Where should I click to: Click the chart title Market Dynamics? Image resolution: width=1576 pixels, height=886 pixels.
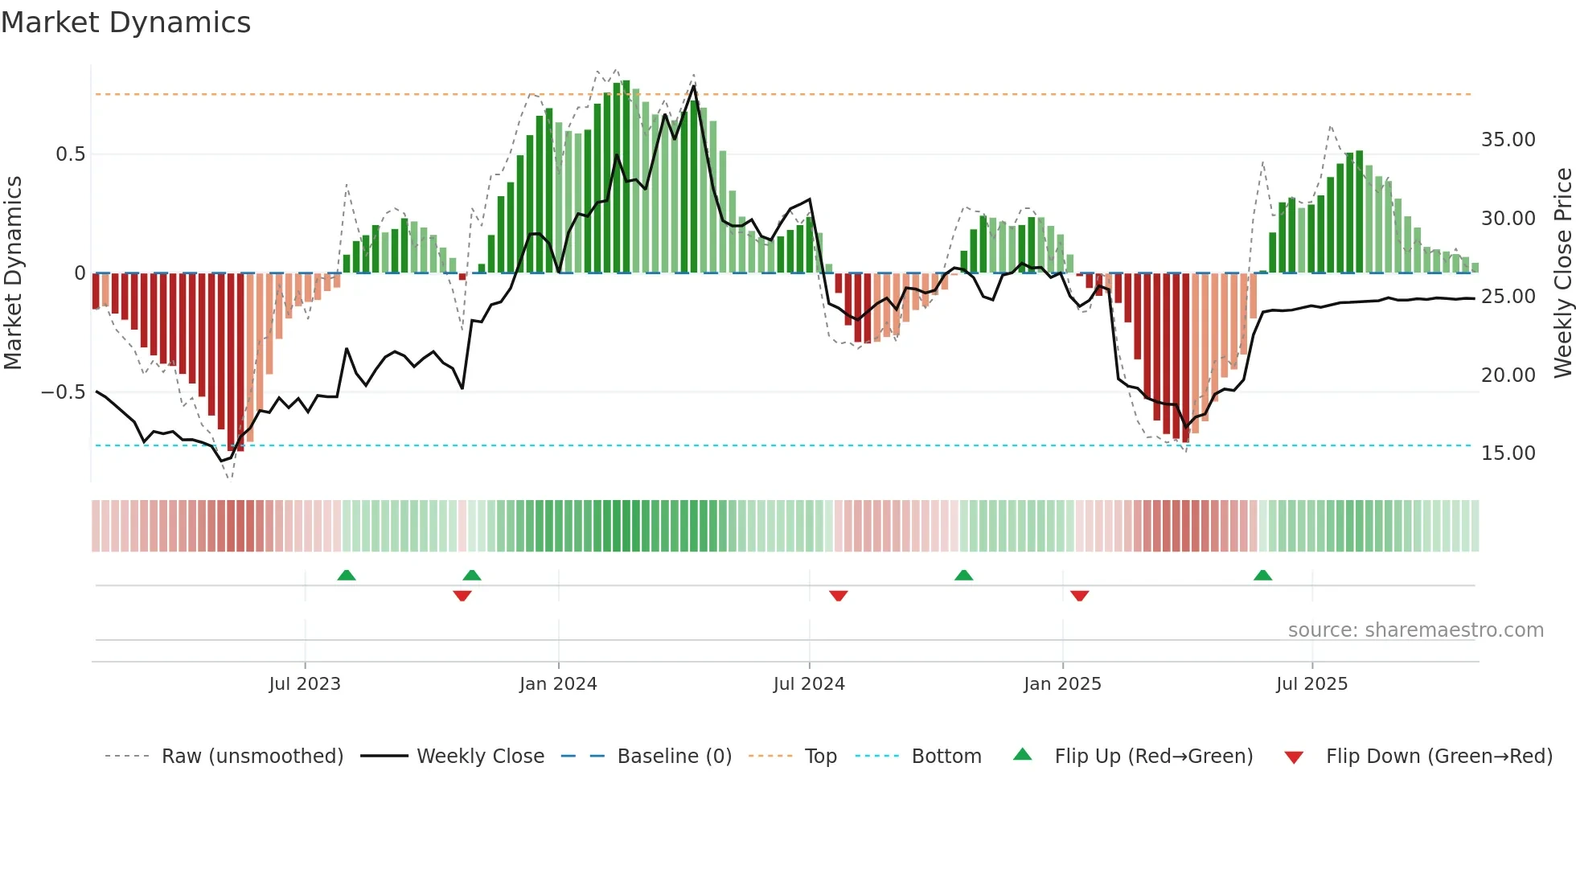click(x=126, y=23)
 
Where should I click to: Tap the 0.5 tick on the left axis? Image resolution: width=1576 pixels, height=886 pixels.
click(x=70, y=154)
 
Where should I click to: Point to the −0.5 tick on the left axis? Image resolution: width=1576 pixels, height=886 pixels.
click(x=63, y=392)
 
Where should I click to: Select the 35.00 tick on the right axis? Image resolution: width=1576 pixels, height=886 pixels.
click(x=1508, y=140)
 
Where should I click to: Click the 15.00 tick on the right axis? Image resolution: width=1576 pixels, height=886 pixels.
click(x=1508, y=453)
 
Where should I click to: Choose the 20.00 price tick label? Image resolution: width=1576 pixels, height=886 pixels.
click(x=1508, y=375)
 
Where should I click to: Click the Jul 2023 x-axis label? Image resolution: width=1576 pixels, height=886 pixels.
click(x=305, y=684)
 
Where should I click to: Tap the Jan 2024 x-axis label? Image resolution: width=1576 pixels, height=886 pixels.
click(x=558, y=684)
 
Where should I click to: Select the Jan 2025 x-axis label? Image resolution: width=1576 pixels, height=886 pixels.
click(x=1062, y=684)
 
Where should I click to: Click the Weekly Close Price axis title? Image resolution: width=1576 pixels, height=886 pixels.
click(x=1562, y=273)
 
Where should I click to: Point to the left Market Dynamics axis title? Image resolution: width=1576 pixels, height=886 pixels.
click(x=13, y=273)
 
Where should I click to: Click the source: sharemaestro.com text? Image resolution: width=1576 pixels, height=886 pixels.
click(x=1415, y=630)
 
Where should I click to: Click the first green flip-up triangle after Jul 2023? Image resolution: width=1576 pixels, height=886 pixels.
click(x=347, y=576)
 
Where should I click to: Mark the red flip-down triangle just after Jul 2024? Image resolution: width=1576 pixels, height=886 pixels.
click(x=838, y=596)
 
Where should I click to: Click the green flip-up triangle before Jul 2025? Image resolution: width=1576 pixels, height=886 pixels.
click(x=1262, y=576)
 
